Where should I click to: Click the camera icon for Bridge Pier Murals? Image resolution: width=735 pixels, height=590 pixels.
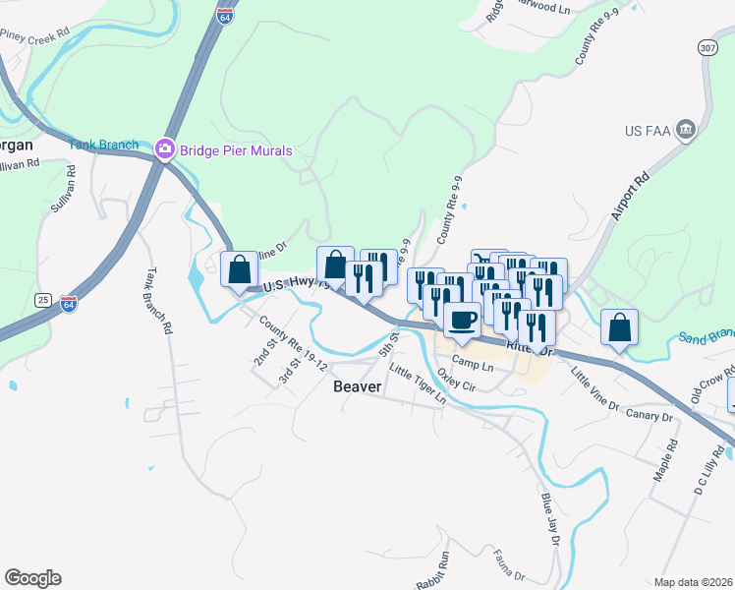click(164, 150)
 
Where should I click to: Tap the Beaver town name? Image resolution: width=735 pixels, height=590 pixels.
click(357, 386)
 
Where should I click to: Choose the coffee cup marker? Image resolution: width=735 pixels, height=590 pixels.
click(463, 318)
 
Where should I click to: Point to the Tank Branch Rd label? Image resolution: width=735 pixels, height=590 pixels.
click(158, 300)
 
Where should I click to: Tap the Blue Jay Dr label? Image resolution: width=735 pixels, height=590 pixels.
click(548, 517)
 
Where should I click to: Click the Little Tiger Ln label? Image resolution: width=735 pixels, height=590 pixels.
click(417, 384)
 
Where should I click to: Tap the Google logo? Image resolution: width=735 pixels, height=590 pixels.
click(32, 578)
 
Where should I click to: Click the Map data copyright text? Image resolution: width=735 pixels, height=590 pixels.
click(693, 582)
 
